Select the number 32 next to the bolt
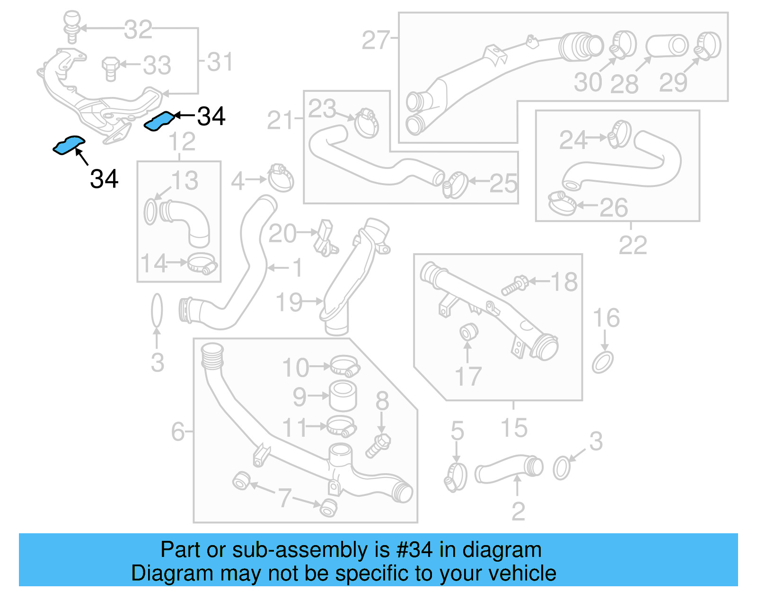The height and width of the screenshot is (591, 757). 138,30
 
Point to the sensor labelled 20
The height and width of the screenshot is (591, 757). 326,237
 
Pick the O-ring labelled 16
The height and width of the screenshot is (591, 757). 603,362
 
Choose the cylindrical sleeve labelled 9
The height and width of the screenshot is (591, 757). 343,396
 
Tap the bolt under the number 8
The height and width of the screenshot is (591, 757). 378,445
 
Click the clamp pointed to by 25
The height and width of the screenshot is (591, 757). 455,185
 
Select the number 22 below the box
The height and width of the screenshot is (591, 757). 633,245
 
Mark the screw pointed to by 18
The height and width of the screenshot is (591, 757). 515,285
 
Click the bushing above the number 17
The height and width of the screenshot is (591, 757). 468,332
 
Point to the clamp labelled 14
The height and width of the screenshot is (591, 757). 202,263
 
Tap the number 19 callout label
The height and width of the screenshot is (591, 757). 289,302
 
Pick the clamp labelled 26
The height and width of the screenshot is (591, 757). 562,203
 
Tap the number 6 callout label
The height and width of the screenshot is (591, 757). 178,431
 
